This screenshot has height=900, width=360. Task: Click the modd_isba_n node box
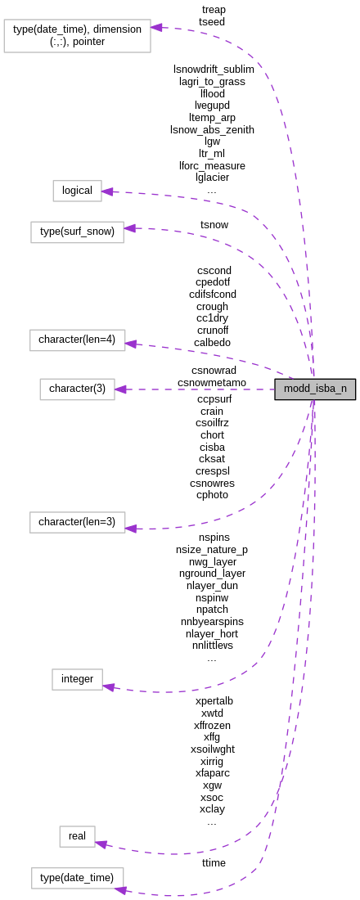coord(315,389)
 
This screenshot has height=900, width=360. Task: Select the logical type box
coord(78,191)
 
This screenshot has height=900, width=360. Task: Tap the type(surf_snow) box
coord(78,232)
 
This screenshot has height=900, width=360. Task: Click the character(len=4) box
coord(78,340)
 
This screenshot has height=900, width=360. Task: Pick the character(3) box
coord(78,389)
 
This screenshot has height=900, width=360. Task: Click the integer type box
coord(78,679)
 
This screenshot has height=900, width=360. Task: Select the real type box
coord(77,836)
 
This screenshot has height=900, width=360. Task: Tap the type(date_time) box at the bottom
coord(78,878)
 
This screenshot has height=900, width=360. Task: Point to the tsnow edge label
coord(214,224)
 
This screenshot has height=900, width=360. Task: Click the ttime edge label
coord(214,862)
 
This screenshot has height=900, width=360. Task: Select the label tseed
coord(213,22)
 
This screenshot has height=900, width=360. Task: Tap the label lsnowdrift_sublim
coord(214,70)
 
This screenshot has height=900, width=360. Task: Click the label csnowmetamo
coord(212,382)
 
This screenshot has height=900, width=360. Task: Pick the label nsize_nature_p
coord(212,550)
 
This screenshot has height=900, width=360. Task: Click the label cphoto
coord(212,494)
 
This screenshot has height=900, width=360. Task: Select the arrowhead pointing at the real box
coord(101,843)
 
